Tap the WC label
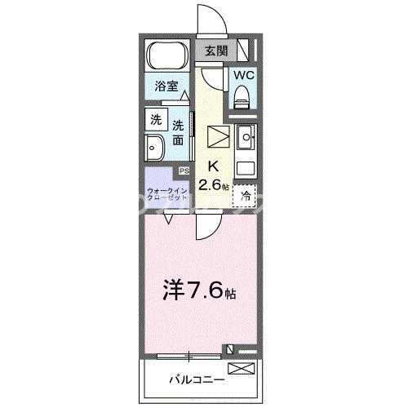(243, 74)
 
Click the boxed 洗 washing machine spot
(154, 118)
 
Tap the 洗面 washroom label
(179, 132)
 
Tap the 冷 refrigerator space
(246, 196)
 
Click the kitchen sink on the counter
(245, 141)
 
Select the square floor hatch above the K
(220, 136)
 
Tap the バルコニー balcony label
(193, 379)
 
